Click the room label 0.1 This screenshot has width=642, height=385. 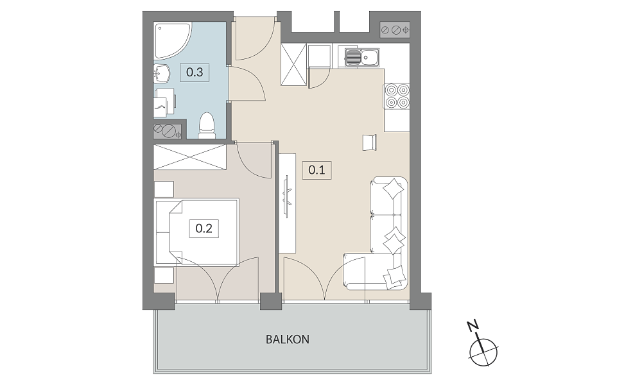[317, 170]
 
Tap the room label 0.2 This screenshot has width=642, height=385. [204, 228]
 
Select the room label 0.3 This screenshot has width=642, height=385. [195, 73]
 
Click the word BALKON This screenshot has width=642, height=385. [288, 339]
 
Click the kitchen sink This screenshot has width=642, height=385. [362, 57]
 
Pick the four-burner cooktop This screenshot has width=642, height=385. [397, 96]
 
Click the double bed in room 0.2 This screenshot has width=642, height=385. [196, 232]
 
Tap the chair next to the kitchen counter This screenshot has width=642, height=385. [370, 142]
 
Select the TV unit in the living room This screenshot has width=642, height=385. [288, 203]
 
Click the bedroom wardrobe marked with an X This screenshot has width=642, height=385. [189, 157]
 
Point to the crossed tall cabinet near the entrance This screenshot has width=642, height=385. [293, 65]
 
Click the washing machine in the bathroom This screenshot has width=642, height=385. [164, 102]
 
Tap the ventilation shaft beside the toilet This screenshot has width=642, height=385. [168, 131]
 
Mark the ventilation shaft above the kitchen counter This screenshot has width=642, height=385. [395, 30]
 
